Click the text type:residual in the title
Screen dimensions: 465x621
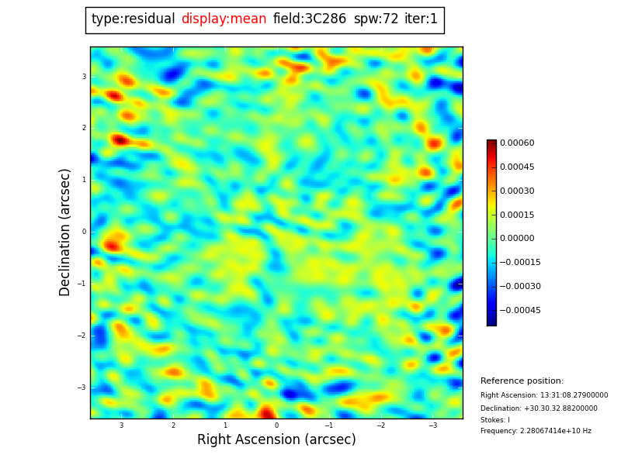point(133,19)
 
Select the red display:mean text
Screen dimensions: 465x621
point(224,19)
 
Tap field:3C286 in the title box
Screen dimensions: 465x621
point(310,19)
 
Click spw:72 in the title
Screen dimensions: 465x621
point(376,19)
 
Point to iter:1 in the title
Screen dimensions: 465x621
point(421,19)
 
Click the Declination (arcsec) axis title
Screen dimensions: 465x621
point(65,232)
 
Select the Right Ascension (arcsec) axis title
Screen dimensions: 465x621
point(276,440)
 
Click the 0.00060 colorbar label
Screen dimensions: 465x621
point(517,143)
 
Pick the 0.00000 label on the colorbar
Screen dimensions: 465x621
point(517,239)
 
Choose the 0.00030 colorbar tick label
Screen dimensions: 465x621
point(517,191)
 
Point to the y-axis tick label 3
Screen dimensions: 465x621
point(84,77)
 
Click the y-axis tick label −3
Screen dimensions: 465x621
point(82,387)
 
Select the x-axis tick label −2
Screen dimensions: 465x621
point(381,425)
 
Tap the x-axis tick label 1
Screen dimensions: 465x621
point(225,425)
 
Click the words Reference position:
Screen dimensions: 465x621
point(522,381)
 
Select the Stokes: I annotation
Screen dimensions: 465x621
point(495,420)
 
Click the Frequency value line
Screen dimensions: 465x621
point(536,432)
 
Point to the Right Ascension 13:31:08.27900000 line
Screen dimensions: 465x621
point(544,395)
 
